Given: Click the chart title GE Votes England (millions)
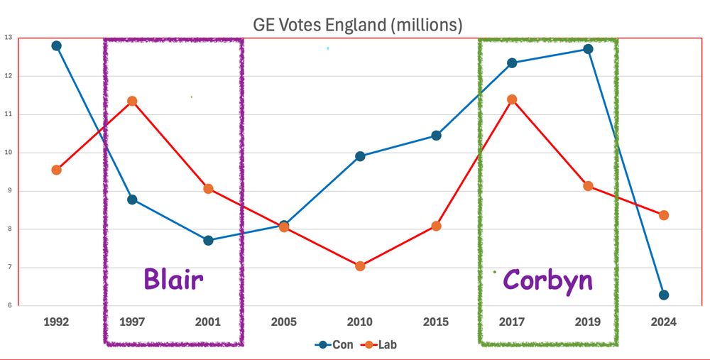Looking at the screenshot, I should (358, 26).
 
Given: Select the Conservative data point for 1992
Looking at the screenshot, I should (57, 45).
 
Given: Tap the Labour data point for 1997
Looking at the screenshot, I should (132, 101).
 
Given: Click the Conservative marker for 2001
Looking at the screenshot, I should (208, 240).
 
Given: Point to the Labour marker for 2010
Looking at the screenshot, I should (360, 266).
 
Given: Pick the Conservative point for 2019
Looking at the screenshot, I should (588, 49).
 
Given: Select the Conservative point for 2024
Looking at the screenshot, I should (664, 295).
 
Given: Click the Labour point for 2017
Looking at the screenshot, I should (512, 99).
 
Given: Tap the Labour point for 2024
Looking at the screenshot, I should (664, 215).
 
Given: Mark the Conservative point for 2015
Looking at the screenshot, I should (436, 135).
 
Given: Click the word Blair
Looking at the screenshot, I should (173, 278).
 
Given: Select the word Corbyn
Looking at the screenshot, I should (547, 280).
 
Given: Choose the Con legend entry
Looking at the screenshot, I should (337, 344).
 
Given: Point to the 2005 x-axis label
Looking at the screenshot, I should (284, 322).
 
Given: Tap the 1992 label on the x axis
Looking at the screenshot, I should (56, 322).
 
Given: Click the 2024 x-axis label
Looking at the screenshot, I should (664, 322).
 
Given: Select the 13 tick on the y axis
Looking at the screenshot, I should (8, 38).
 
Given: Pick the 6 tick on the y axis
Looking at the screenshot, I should (8, 306).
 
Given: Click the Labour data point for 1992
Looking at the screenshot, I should (57, 170).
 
